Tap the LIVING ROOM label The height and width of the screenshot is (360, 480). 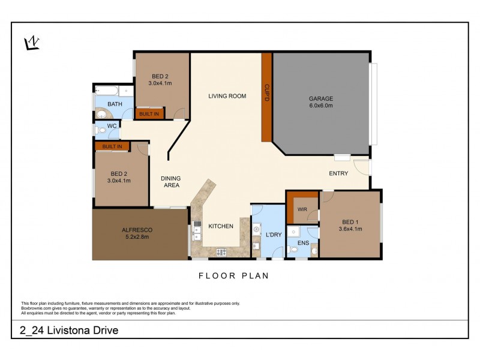[x=227, y=96]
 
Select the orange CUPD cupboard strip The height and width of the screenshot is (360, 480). [x=267, y=96]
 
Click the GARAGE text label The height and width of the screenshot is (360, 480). [x=320, y=98]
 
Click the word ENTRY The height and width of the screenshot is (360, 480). [x=338, y=173]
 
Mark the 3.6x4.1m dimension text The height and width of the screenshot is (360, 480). [x=350, y=229]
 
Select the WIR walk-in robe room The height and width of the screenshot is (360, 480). [x=302, y=208]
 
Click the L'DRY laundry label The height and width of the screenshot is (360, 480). [x=274, y=234]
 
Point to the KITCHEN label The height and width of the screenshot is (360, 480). [x=220, y=226]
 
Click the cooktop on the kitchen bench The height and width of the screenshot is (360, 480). [x=220, y=252]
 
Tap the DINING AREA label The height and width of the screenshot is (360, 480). [x=170, y=182]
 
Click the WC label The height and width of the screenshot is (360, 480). [x=111, y=127]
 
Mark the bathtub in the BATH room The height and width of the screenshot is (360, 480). [x=107, y=92]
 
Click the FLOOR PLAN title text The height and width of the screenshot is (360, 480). [x=233, y=276]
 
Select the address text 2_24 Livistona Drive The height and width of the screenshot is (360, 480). [x=70, y=330]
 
